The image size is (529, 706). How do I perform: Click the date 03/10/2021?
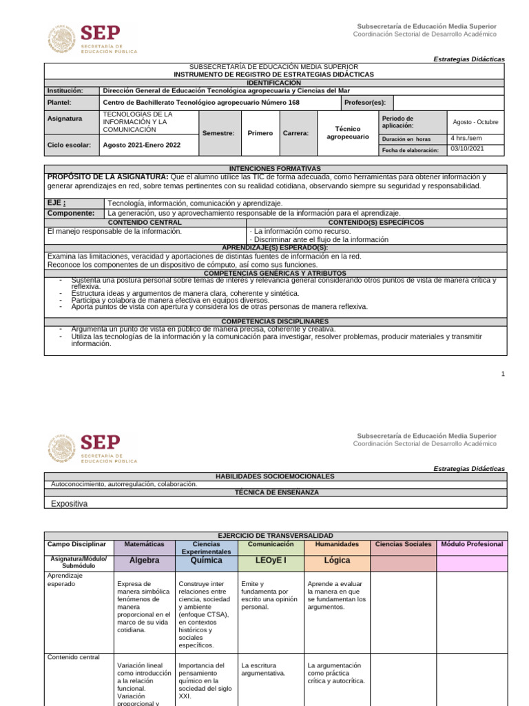pyautogui.click(x=467, y=148)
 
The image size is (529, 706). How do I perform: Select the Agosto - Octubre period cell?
pyautogui.click(x=475, y=122)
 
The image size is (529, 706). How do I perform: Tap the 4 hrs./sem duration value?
pyautogui.click(x=466, y=138)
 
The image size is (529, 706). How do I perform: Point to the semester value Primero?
pyautogui.click(x=260, y=133)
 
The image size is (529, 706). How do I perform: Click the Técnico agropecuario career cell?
pyautogui.click(x=347, y=132)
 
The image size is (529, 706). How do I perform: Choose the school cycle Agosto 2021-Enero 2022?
pyautogui.click(x=141, y=145)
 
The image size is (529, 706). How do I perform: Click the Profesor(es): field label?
pyautogui.click(x=365, y=102)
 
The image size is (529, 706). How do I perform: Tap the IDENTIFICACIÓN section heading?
pyautogui.click(x=274, y=82)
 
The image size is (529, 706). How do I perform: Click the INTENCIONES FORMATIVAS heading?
pyautogui.click(x=274, y=168)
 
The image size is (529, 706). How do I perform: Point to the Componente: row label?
pyautogui.click(x=70, y=213)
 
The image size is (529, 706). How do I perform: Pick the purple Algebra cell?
pyautogui.click(x=145, y=561)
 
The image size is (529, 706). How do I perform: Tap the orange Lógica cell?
pyautogui.click(x=337, y=561)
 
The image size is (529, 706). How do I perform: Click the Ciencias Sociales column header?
pyautogui.click(x=403, y=544)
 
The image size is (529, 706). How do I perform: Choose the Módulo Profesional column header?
pyautogui.click(x=472, y=544)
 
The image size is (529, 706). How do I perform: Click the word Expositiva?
pyautogui.click(x=70, y=503)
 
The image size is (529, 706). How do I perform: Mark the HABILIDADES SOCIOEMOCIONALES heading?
pyautogui.click(x=275, y=476)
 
